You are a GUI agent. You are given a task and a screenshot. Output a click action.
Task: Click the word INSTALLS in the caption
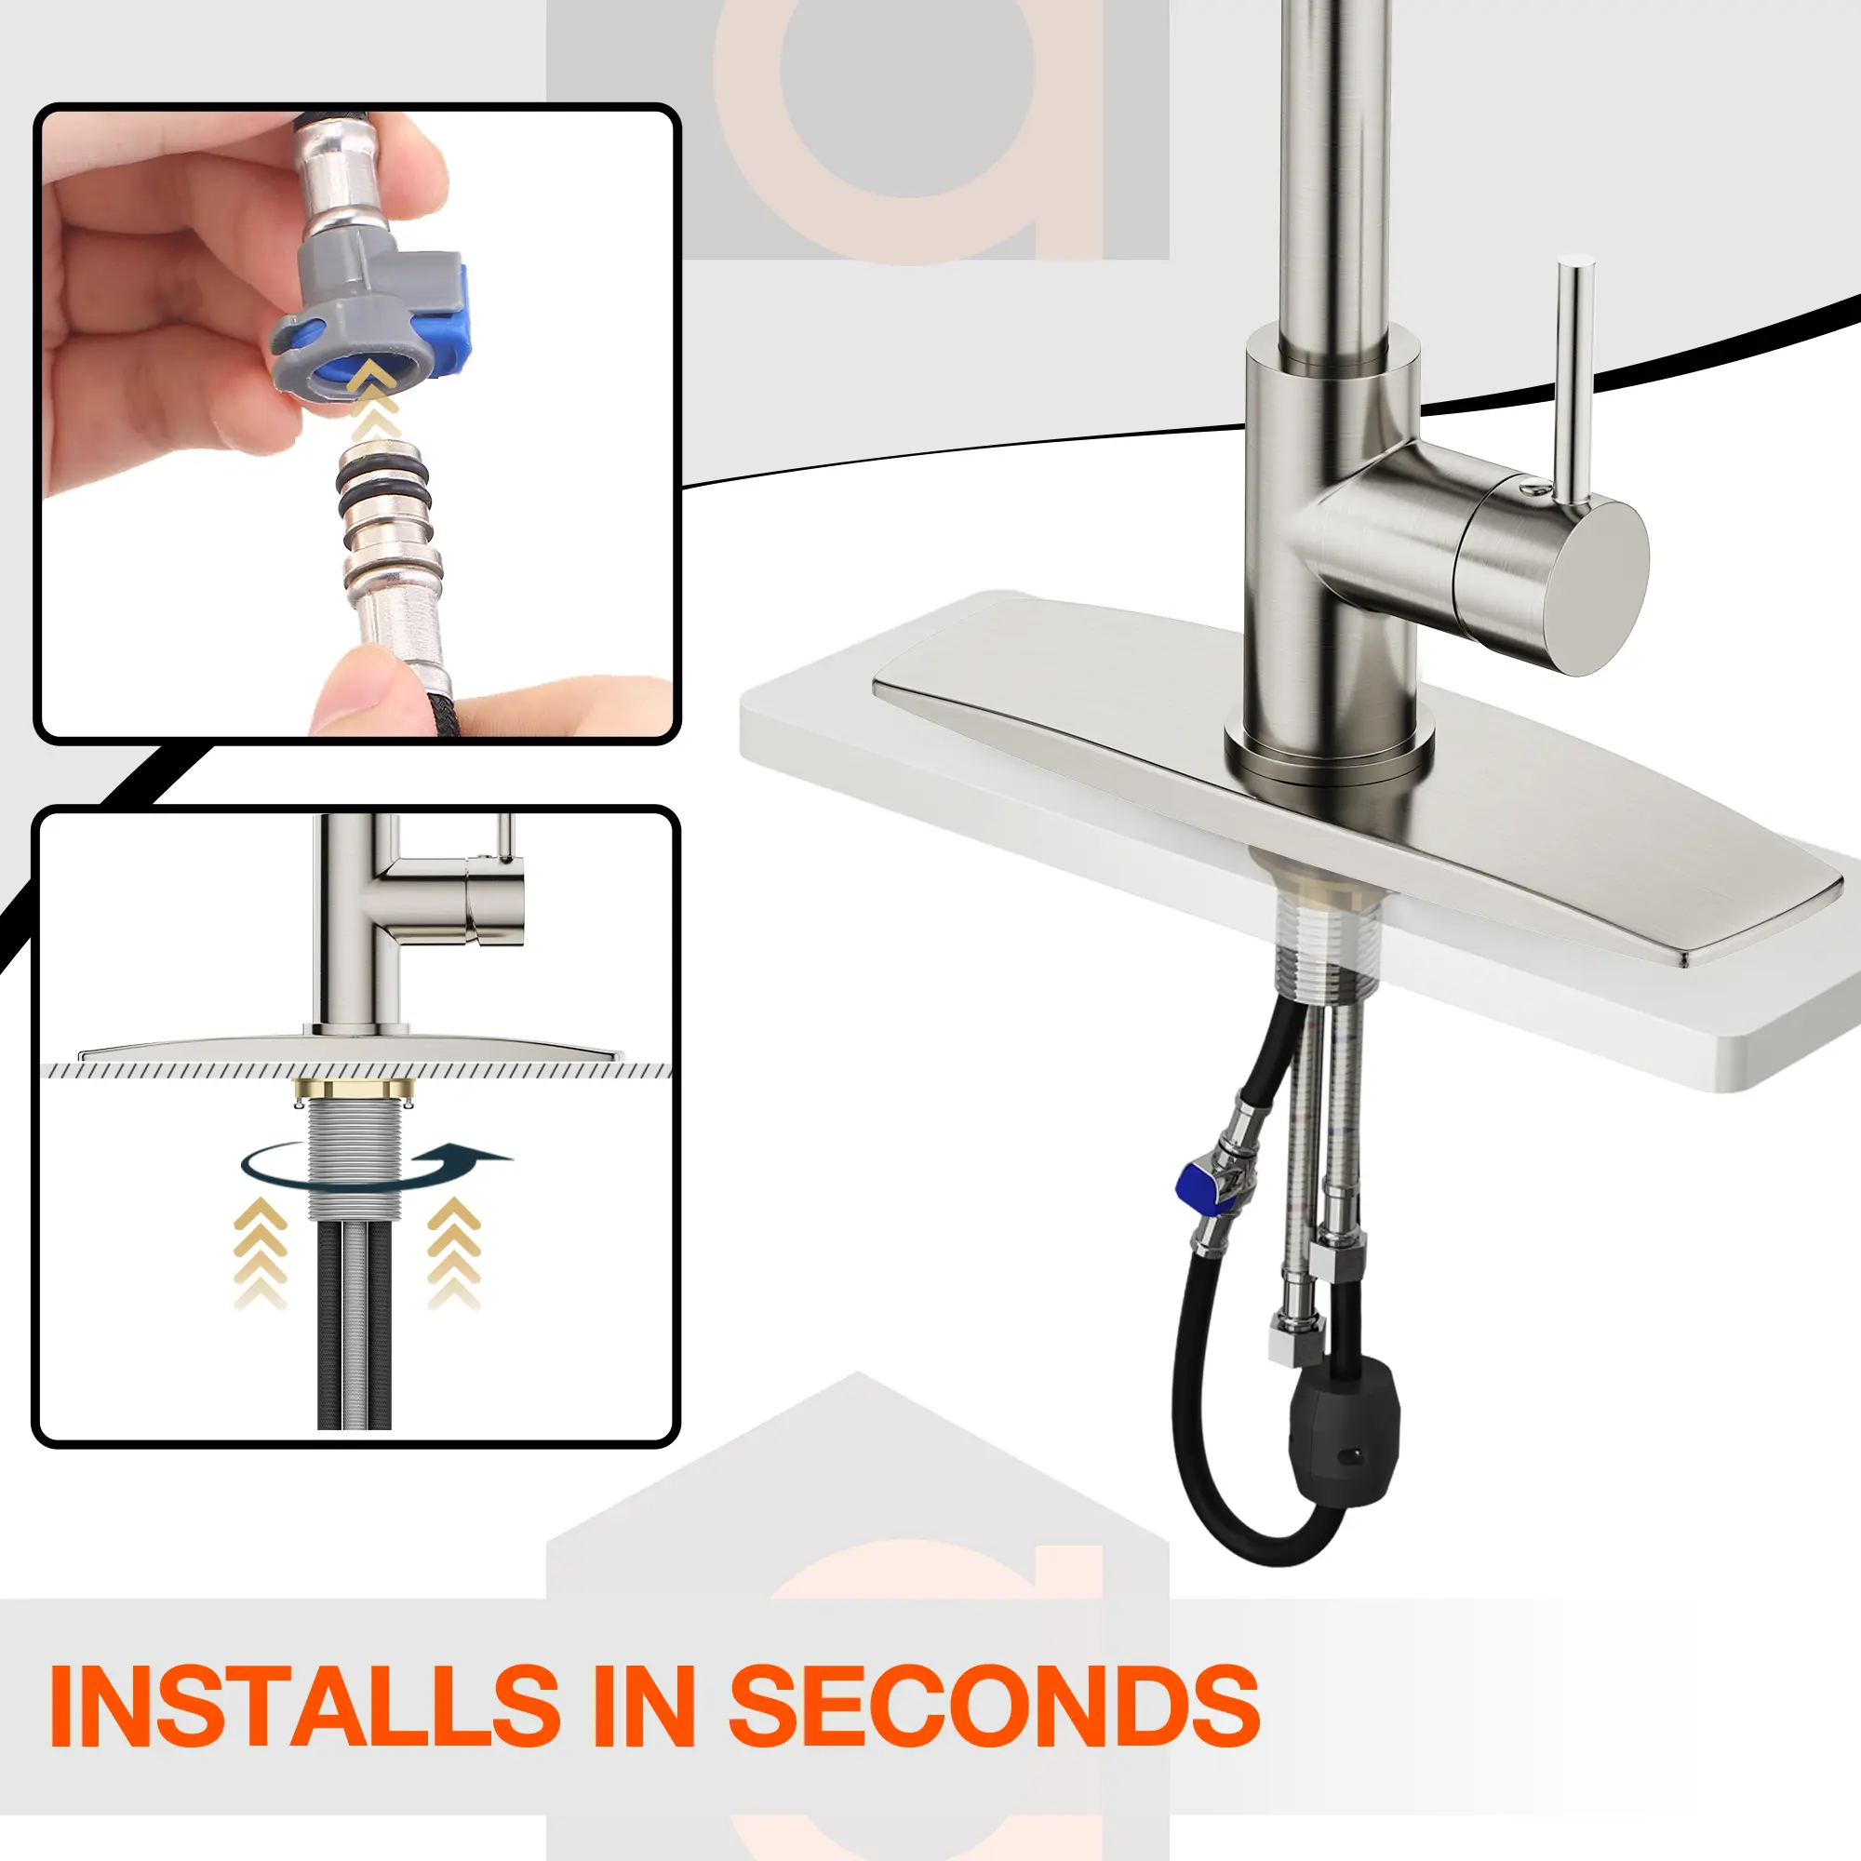[304, 1706]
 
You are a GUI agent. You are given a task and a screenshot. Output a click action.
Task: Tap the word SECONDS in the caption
[994, 1706]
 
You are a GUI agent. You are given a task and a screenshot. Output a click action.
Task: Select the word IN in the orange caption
[644, 1706]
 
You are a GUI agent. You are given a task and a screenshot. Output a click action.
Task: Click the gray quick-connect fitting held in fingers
[371, 318]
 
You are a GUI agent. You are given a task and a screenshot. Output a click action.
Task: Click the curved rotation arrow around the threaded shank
[376, 1167]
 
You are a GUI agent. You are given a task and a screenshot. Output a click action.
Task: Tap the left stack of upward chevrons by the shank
[261, 1252]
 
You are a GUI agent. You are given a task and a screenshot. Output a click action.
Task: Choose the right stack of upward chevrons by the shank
[454, 1252]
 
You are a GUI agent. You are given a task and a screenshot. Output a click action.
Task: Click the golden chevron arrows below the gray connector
[373, 399]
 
